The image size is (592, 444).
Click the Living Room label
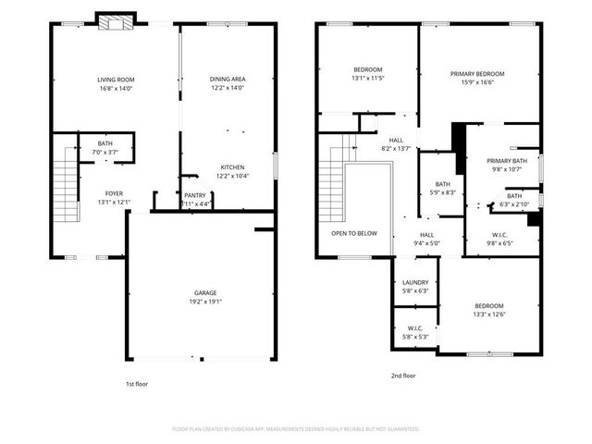tap(116, 80)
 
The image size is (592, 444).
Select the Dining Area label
tap(227, 80)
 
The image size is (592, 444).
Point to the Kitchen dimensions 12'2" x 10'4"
tap(232, 176)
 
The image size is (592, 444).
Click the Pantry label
tap(194, 195)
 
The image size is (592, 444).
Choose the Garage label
tap(205, 293)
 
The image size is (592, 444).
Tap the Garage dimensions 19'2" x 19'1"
tap(205, 302)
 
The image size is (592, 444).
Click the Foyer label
tap(115, 193)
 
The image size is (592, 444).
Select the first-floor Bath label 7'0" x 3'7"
tap(105, 143)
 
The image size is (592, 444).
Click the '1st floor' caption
tap(136, 383)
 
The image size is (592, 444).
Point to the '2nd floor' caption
tap(403, 376)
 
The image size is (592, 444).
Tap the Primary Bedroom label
tap(477, 74)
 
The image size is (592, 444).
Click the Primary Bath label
tap(506, 161)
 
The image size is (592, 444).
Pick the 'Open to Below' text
tap(354, 233)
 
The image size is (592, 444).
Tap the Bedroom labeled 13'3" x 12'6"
tap(489, 306)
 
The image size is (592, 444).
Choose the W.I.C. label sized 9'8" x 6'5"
tap(499, 235)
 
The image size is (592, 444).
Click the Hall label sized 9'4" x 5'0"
tap(426, 235)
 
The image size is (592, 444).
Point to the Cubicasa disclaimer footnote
tap(296, 429)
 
